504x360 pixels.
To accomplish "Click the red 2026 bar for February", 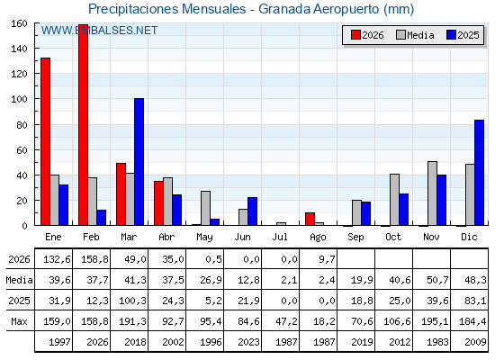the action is pyautogui.click(x=83, y=125).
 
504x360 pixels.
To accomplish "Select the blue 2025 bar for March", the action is pyautogui.click(x=139, y=162).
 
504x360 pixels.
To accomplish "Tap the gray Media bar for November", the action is pyautogui.click(x=432, y=193).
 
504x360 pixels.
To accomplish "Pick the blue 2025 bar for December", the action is pyautogui.click(x=479, y=173).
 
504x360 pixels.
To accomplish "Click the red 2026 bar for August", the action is pyautogui.click(x=310, y=219).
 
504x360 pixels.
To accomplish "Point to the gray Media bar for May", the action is pyautogui.click(x=206, y=208).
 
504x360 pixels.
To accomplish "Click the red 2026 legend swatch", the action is pyautogui.click(x=355, y=35).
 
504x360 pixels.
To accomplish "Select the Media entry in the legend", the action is pyautogui.click(x=416, y=35).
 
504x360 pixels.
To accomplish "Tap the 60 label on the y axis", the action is pyautogui.click(x=22, y=149).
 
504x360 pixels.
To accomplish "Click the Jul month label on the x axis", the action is pyautogui.click(x=280, y=237).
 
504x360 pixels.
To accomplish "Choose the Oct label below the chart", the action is pyautogui.click(x=393, y=237).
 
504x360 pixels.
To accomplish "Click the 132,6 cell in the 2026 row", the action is pyautogui.click(x=57, y=259).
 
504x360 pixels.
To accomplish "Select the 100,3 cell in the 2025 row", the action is pyautogui.click(x=132, y=301).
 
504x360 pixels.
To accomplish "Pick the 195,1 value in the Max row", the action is pyautogui.click(x=435, y=321).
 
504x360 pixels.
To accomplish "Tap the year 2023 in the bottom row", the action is pyautogui.click(x=248, y=342).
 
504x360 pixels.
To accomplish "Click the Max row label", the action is pyautogui.click(x=19, y=321).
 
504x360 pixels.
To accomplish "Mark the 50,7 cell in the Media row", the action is pyautogui.click(x=437, y=280).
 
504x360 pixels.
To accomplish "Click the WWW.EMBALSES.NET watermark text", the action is pyautogui.click(x=99, y=31).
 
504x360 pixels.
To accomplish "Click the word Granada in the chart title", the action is pyautogui.click(x=284, y=9).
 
